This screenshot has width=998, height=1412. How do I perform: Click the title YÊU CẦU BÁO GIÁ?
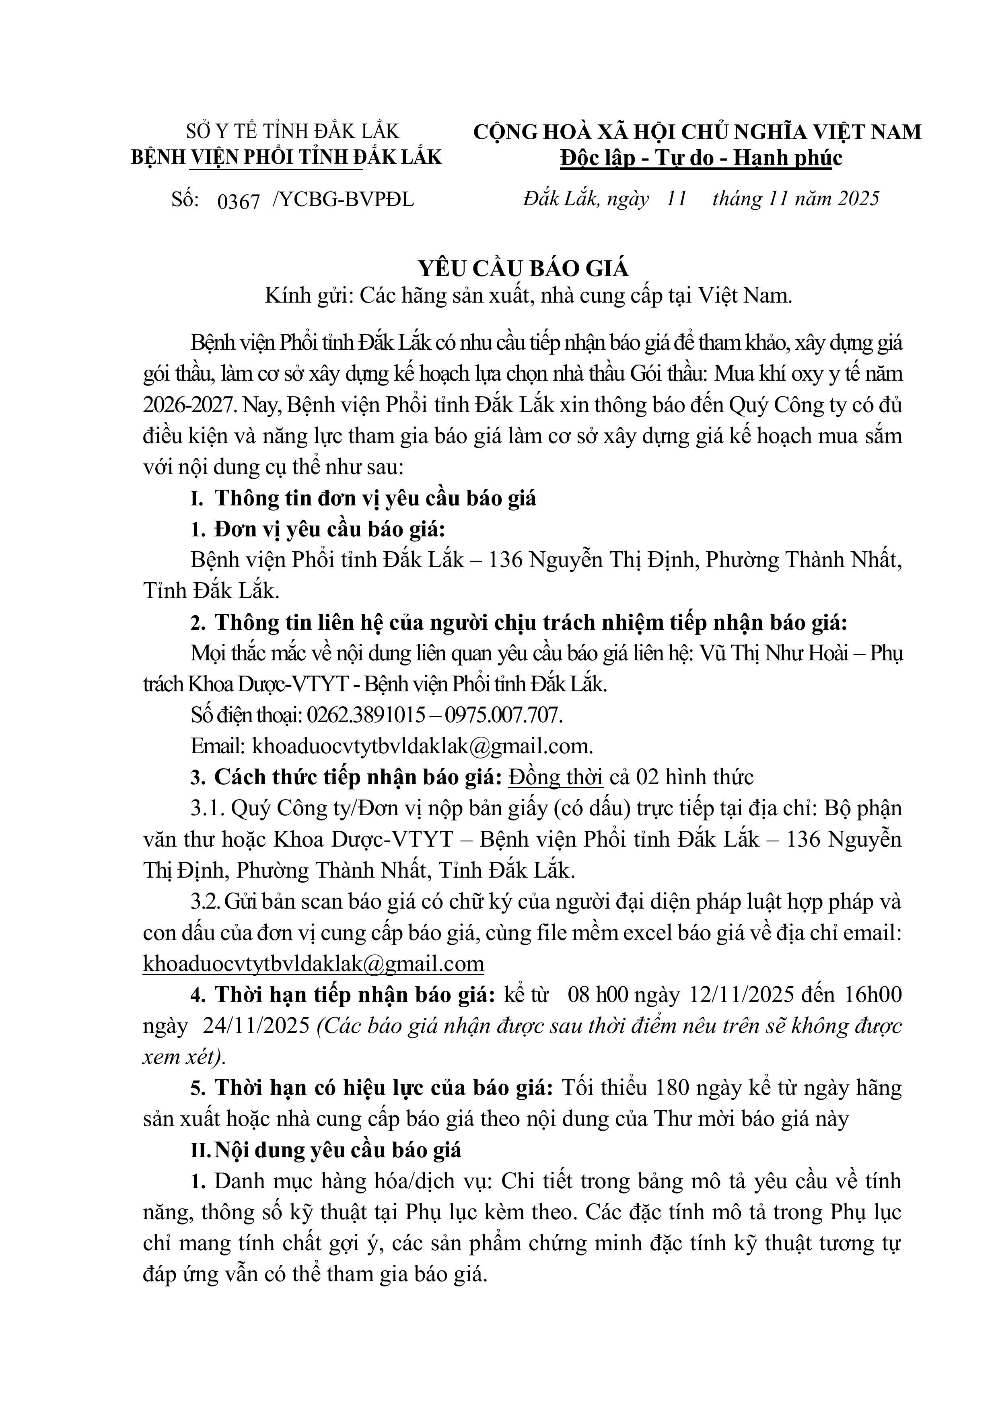524,268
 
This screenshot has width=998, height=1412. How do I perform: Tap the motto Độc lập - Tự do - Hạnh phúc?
701,158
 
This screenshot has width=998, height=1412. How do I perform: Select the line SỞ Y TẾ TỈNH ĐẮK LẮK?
293,131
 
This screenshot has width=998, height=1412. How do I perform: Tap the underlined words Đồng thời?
555,777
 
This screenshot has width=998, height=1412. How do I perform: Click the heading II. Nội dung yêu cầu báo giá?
326,1150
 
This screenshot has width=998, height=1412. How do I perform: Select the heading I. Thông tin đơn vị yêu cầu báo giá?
363,497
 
